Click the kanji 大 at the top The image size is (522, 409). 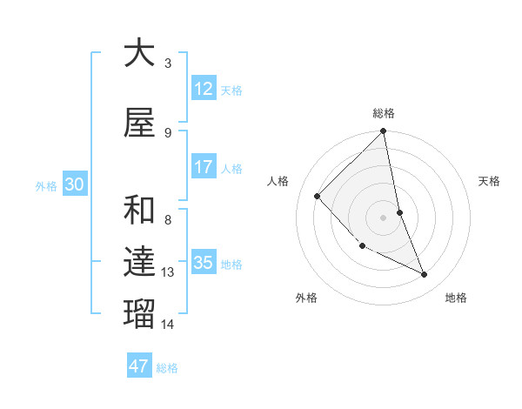(x=139, y=54)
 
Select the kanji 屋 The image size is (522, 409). (x=139, y=124)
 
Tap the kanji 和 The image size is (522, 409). (x=139, y=211)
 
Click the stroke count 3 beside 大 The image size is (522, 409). (x=168, y=63)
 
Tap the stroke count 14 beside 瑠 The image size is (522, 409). (x=168, y=325)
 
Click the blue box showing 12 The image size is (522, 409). (x=204, y=89)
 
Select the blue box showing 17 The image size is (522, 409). (x=204, y=167)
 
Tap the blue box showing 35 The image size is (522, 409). (x=204, y=263)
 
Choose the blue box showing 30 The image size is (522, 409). (x=74, y=184)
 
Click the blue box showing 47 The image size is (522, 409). (x=139, y=366)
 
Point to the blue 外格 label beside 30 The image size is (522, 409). (x=46, y=185)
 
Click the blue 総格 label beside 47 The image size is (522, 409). (x=167, y=368)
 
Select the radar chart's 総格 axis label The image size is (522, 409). (x=384, y=113)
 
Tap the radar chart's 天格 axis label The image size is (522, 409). (x=489, y=181)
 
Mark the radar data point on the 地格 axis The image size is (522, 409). (x=425, y=275)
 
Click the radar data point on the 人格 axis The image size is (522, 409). (x=318, y=197)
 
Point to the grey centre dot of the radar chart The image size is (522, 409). (x=383, y=217)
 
